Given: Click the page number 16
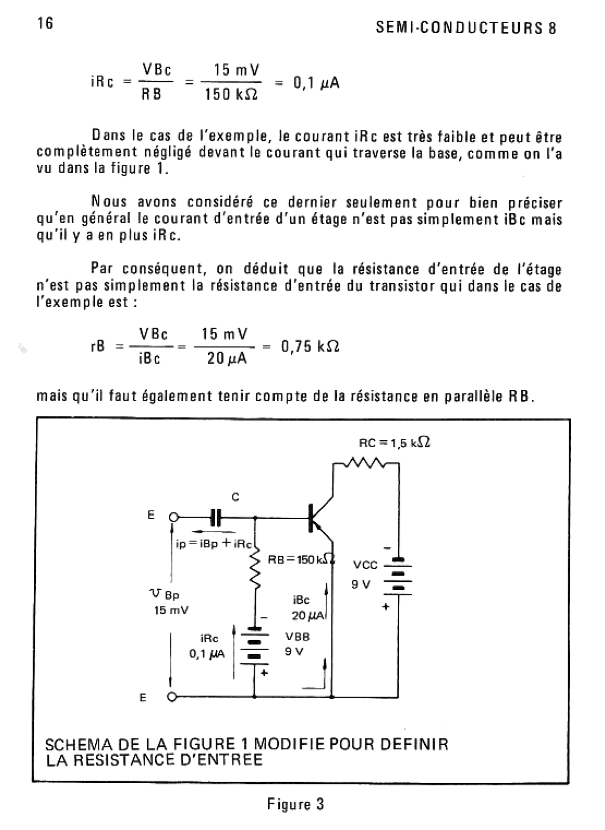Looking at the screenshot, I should [45, 24].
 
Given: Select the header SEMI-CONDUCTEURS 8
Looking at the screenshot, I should [466, 28].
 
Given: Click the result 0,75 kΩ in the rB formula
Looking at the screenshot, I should [310, 346].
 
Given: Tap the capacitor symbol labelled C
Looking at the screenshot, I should [216, 517].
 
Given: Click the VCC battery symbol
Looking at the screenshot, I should [398, 577].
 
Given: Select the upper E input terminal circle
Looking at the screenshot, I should [173, 517].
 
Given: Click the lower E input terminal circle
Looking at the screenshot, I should [172, 698].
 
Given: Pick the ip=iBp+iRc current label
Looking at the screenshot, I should [213, 544].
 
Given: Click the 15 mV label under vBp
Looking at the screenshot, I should [171, 610].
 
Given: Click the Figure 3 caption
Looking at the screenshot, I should [295, 804].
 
